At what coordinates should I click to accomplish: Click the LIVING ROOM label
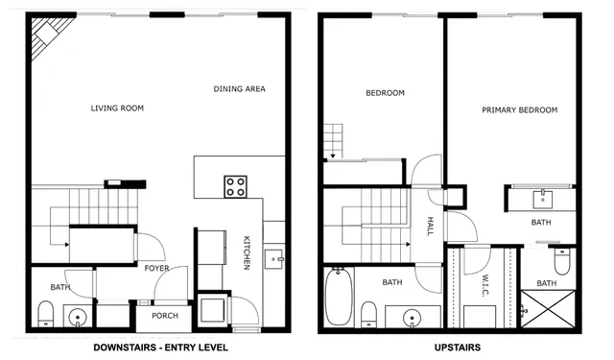[117, 108]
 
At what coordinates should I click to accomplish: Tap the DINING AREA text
[239, 89]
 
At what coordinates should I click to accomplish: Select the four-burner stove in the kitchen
[236, 185]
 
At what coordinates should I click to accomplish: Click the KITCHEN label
[247, 252]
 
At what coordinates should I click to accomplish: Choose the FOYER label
[157, 268]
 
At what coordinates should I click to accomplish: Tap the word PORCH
[164, 315]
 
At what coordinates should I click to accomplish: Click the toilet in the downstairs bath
[44, 312]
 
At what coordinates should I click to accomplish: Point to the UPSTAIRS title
[450, 347]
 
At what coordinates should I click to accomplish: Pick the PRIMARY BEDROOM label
[519, 110]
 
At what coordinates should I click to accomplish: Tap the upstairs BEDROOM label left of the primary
[385, 93]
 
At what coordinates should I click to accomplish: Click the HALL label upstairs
[431, 226]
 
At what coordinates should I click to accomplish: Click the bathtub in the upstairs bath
[338, 298]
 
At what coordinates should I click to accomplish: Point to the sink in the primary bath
[542, 199]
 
